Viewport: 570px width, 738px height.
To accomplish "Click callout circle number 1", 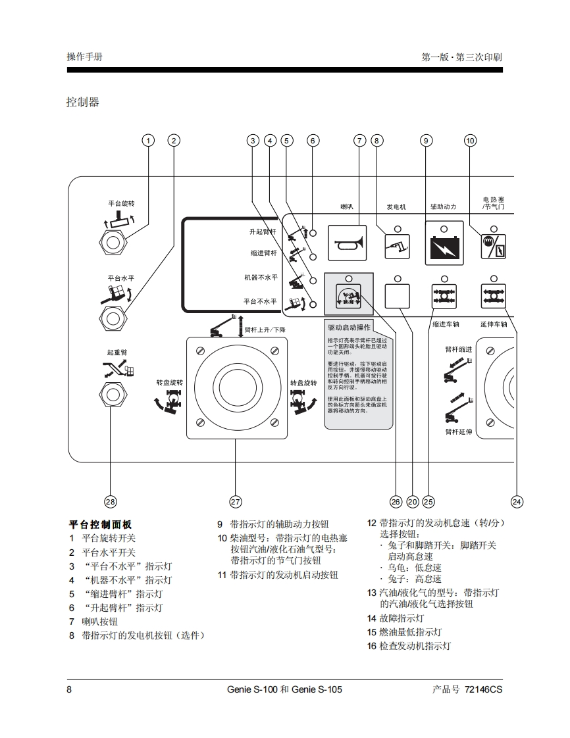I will point(149,140).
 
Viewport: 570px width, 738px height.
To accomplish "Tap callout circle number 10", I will point(470,140).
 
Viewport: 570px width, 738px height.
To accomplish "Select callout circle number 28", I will point(111,502).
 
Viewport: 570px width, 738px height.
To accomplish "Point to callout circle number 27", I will point(236,502).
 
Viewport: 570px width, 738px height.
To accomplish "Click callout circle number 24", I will point(517,502).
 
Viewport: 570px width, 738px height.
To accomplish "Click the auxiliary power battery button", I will point(444,247).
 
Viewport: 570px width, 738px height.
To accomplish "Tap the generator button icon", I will point(397,247).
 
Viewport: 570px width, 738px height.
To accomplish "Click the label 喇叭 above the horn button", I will point(347,207).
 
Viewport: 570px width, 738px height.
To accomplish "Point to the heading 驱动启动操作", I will point(350,327).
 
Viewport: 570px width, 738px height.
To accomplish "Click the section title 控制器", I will point(83,102).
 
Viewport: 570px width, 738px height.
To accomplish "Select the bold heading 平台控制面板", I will point(101,524).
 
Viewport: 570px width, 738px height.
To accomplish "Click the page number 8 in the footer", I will point(69,689).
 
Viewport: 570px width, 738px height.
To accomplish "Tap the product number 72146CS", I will point(483,689).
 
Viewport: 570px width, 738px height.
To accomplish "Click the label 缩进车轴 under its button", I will point(446,324).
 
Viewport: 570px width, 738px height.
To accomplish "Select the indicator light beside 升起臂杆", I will point(315,233).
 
